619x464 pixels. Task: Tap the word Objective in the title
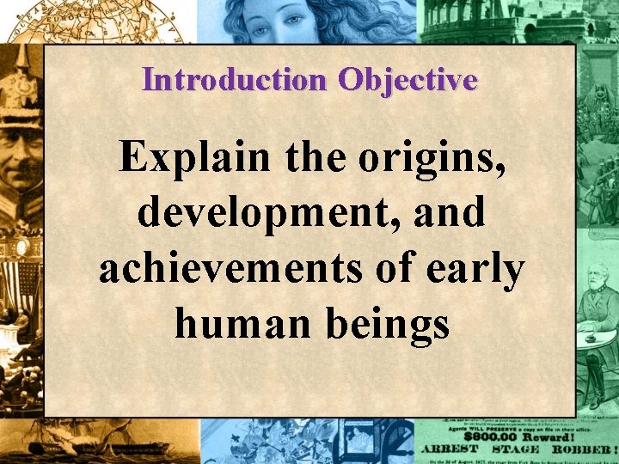pos(408,80)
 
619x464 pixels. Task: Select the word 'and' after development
pos(446,213)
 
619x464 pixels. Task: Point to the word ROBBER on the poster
pos(580,449)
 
